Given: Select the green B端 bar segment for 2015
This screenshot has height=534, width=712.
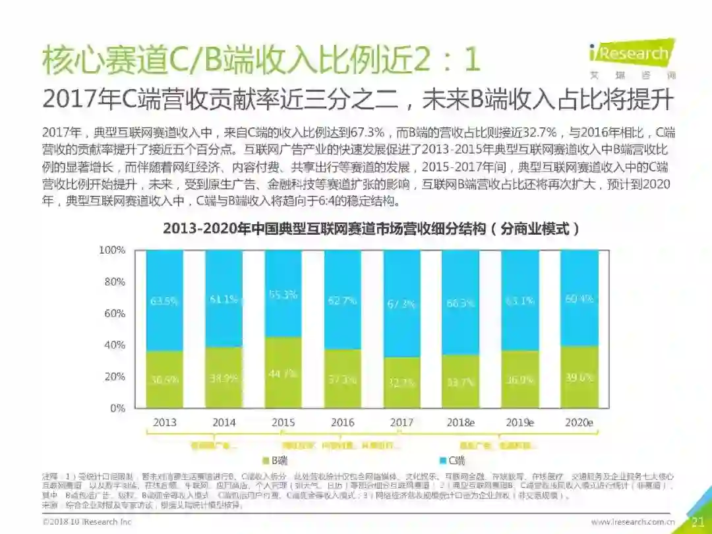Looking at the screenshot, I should [x=283, y=372].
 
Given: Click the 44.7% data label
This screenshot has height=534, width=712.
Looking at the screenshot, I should [x=283, y=374].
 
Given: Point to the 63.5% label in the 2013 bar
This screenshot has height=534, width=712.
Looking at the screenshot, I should [x=165, y=301].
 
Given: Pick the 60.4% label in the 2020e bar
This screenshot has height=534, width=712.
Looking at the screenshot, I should [x=579, y=299].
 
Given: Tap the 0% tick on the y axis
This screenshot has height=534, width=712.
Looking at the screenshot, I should [x=116, y=408].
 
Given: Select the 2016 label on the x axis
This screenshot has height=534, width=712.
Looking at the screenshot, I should [x=342, y=423].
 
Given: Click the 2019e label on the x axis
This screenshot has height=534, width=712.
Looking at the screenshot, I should [x=519, y=423].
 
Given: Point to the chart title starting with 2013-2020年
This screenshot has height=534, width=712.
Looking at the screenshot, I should [x=372, y=229].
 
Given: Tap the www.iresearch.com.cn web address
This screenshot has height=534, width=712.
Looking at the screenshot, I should [x=633, y=522].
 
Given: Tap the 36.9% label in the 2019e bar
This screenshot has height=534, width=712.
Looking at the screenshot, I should [x=519, y=380].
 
